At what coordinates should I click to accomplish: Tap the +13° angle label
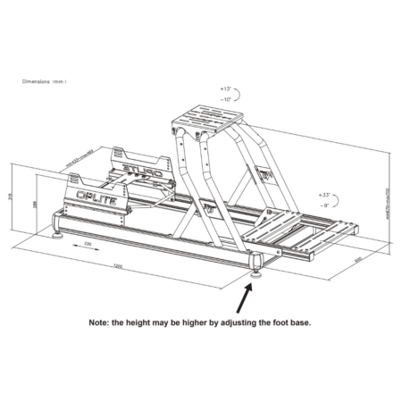tap(225, 91)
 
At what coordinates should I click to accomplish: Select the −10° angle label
tap(225, 100)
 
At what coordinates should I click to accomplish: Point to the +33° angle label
tap(324, 194)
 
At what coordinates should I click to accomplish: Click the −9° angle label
tap(324, 204)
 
